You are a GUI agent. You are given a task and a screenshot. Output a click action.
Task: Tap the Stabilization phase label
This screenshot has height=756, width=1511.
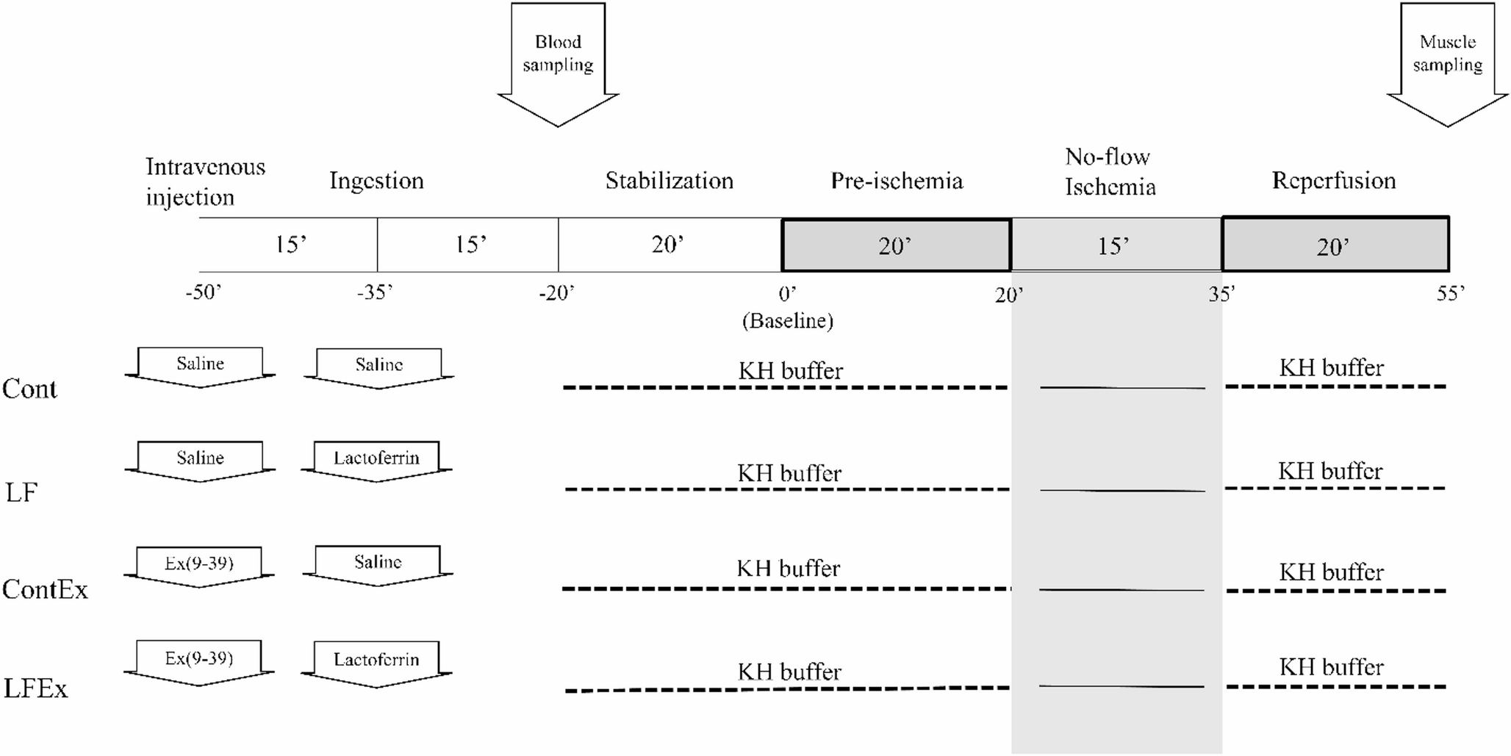tap(669, 181)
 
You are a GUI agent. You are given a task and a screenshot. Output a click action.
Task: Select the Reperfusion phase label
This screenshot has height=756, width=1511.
tap(1333, 181)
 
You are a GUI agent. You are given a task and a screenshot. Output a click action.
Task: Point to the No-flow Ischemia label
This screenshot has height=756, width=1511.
tap(1110, 172)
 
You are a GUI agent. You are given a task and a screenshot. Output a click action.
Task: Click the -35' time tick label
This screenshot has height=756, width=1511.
tap(375, 293)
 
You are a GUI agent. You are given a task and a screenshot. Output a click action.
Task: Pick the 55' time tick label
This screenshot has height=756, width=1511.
tap(1450, 293)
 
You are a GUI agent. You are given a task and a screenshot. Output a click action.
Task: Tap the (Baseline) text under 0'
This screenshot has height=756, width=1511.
tap(787, 321)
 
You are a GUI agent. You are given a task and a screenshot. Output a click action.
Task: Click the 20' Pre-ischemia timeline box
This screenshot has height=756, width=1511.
tap(896, 245)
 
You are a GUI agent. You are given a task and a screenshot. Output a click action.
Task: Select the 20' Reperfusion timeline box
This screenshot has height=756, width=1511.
tap(1335, 245)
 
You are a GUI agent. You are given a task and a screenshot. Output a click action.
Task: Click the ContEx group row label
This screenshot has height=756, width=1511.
tap(45, 589)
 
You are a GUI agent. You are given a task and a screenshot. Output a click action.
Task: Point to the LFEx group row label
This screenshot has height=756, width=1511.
tap(35, 688)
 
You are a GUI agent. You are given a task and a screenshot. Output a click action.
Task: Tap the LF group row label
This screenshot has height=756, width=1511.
tap(21, 492)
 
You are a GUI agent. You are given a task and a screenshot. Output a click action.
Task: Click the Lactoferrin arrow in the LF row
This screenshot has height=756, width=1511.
tap(376, 460)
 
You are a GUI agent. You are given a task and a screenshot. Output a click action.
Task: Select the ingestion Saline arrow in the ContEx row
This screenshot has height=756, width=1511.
tap(378, 564)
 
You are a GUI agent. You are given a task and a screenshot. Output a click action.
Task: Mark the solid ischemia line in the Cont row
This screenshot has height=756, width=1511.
tap(1122, 387)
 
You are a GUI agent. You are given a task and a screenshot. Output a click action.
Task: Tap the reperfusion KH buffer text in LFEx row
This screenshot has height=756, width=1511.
tap(1331, 667)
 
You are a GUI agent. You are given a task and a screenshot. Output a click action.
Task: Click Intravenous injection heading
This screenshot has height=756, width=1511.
tap(204, 181)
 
